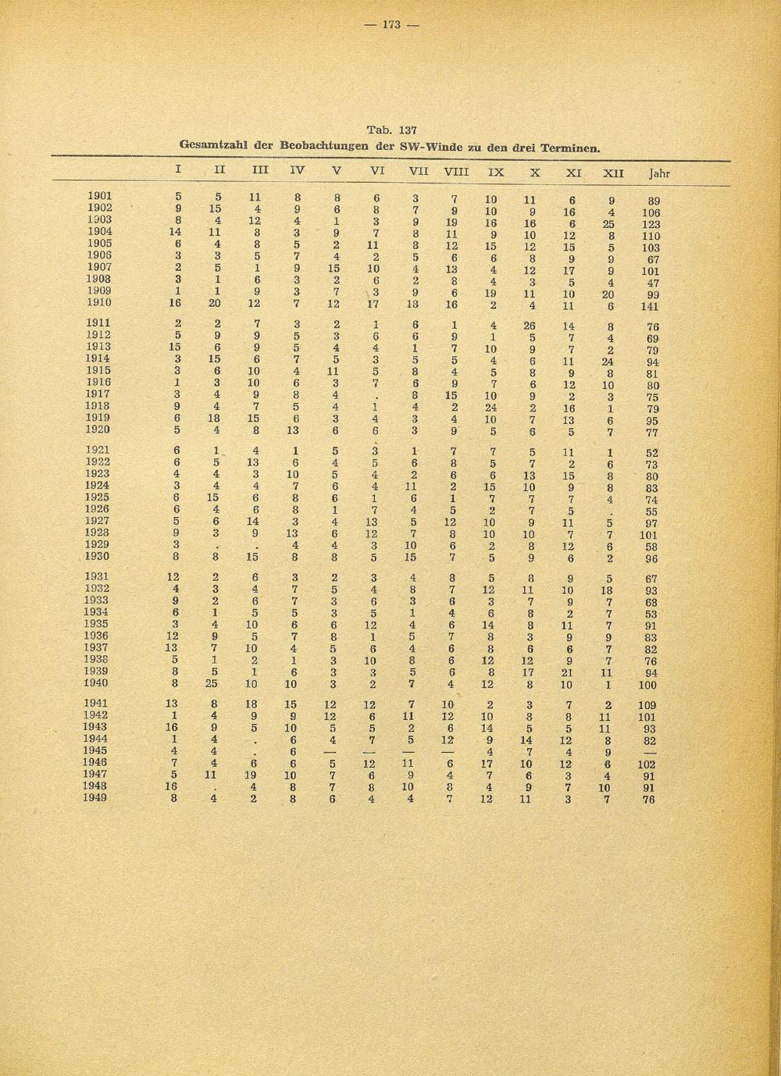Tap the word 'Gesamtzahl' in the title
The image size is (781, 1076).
(x=212, y=144)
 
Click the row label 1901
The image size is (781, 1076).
(x=99, y=196)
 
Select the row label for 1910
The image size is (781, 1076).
(x=99, y=302)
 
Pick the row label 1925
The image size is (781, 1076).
(x=99, y=497)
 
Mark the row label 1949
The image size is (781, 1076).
(x=99, y=797)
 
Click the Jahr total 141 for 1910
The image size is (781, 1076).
(x=650, y=307)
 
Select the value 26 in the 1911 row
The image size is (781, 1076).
(x=530, y=326)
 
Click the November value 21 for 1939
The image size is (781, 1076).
(x=571, y=672)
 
